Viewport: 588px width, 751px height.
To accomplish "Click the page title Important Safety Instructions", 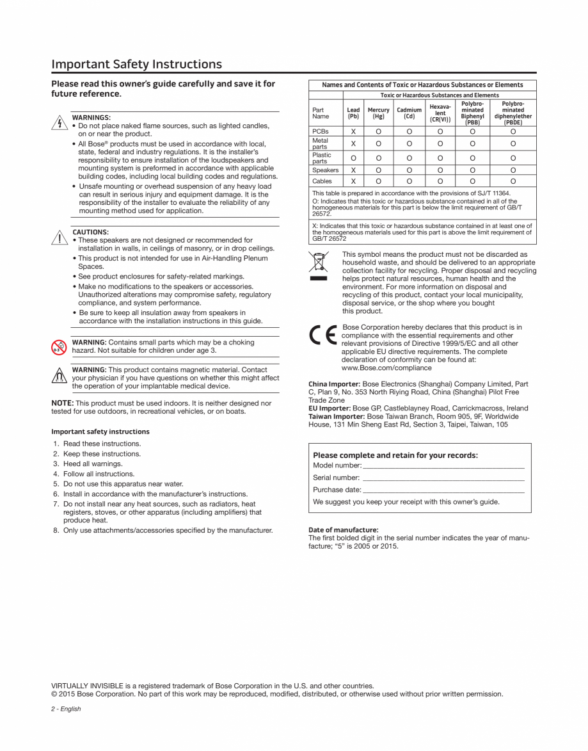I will (137, 64).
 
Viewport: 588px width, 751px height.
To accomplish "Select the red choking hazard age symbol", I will (60, 346).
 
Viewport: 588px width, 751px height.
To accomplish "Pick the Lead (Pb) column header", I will (353, 113).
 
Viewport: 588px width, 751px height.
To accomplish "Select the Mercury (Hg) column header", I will (377, 113).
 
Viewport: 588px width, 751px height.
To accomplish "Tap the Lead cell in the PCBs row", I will (353, 131).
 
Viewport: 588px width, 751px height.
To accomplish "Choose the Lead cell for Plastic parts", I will (353, 157).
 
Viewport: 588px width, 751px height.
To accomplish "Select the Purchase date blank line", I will (443, 490).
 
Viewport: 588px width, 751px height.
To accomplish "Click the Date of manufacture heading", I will (343, 529).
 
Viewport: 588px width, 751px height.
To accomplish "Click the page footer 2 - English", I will (66, 709).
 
